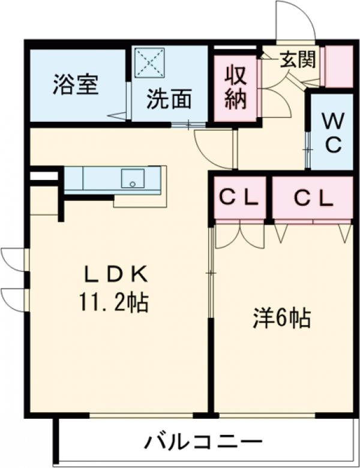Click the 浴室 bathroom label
coord(74,85)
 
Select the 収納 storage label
coord(236,86)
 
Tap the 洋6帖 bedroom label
coord(281,319)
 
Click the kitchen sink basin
coord(132,178)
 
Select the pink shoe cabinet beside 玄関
coord(338,65)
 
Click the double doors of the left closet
coord(239,234)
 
